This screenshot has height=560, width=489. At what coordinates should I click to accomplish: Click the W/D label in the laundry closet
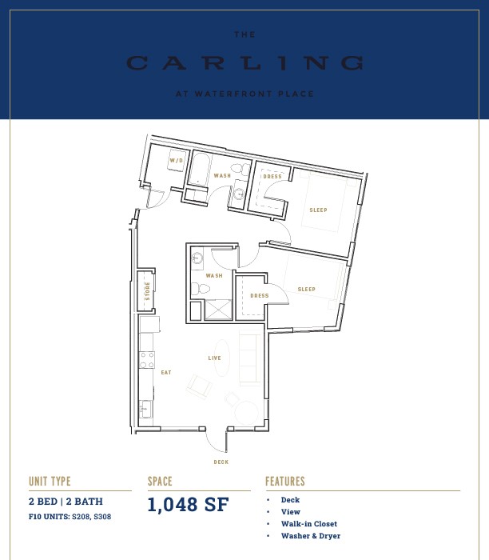(177, 160)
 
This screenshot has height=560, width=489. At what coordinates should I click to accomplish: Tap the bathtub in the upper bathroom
(198, 170)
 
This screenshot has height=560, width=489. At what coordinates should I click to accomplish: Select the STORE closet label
(147, 290)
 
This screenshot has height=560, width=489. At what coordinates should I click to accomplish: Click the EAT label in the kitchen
(166, 373)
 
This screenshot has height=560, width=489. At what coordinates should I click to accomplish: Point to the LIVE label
(215, 358)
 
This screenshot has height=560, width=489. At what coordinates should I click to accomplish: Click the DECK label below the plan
(221, 462)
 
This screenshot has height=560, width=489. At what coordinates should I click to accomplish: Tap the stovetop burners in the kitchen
(146, 360)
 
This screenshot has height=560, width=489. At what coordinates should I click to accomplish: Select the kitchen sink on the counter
(145, 410)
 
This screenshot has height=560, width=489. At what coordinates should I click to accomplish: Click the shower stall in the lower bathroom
(218, 310)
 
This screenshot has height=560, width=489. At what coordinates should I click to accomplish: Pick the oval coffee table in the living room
(221, 358)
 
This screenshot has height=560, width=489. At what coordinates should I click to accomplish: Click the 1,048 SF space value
(188, 505)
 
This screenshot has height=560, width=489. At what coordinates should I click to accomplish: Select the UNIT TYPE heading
(50, 482)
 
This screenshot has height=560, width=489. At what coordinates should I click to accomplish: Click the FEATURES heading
(285, 482)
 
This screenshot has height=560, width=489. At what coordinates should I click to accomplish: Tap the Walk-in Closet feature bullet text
(309, 524)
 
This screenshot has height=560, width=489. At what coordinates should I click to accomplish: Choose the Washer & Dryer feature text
(311, 536)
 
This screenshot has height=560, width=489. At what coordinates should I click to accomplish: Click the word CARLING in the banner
(245, 63)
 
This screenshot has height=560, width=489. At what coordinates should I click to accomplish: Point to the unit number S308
(102, 517)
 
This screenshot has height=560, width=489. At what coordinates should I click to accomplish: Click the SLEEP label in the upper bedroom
(318, 210)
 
